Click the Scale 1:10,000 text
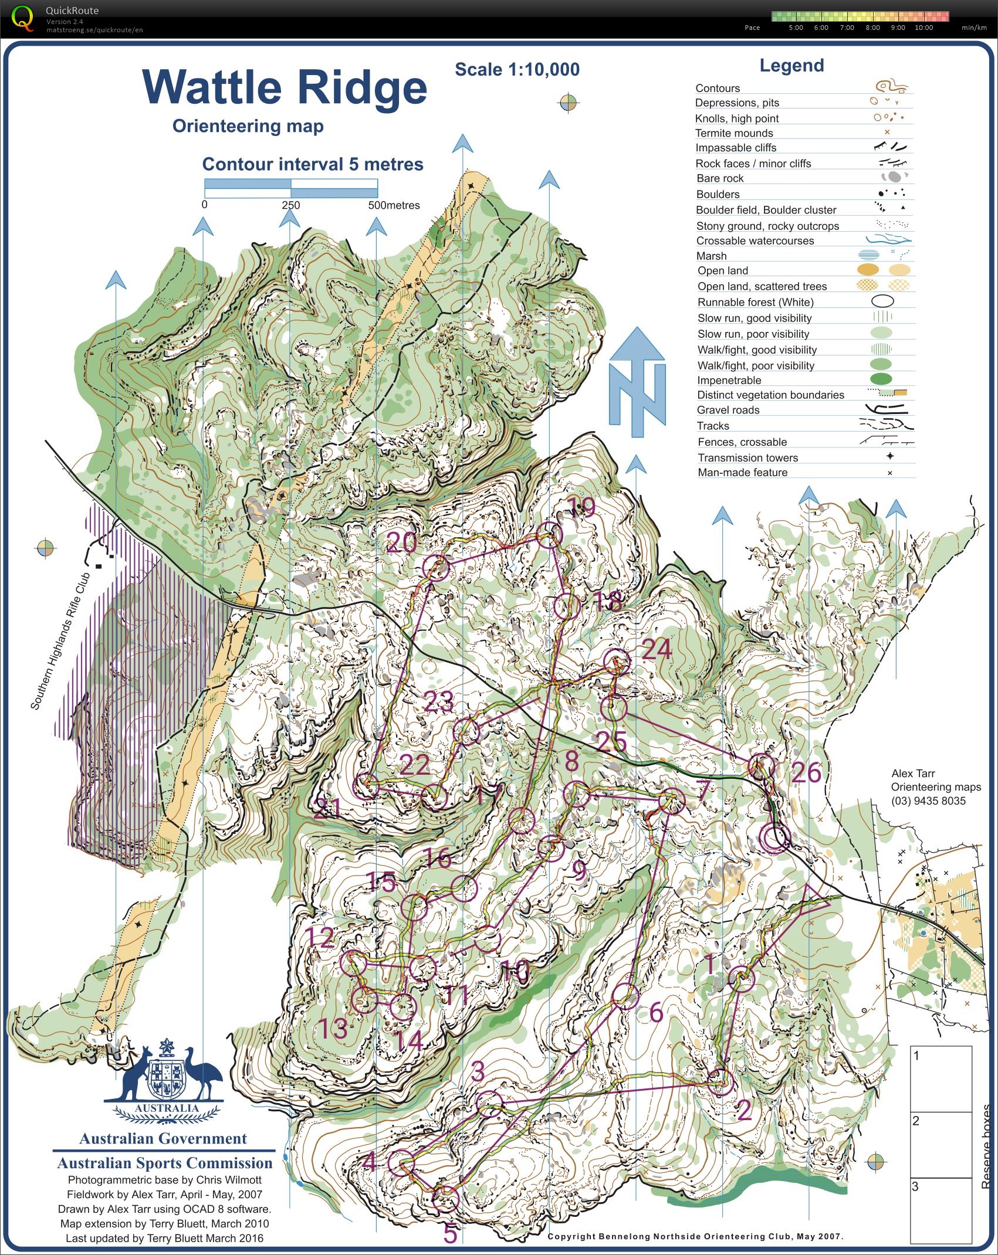517,70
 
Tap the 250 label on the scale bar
290,205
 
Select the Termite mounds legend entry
734,133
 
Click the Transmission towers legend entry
747,457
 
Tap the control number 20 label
402,543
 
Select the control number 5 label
450,1233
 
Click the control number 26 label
806,773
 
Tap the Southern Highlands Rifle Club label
60,640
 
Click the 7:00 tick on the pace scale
847,28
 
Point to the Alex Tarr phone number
928,801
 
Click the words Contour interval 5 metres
312,164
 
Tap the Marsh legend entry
711,256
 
